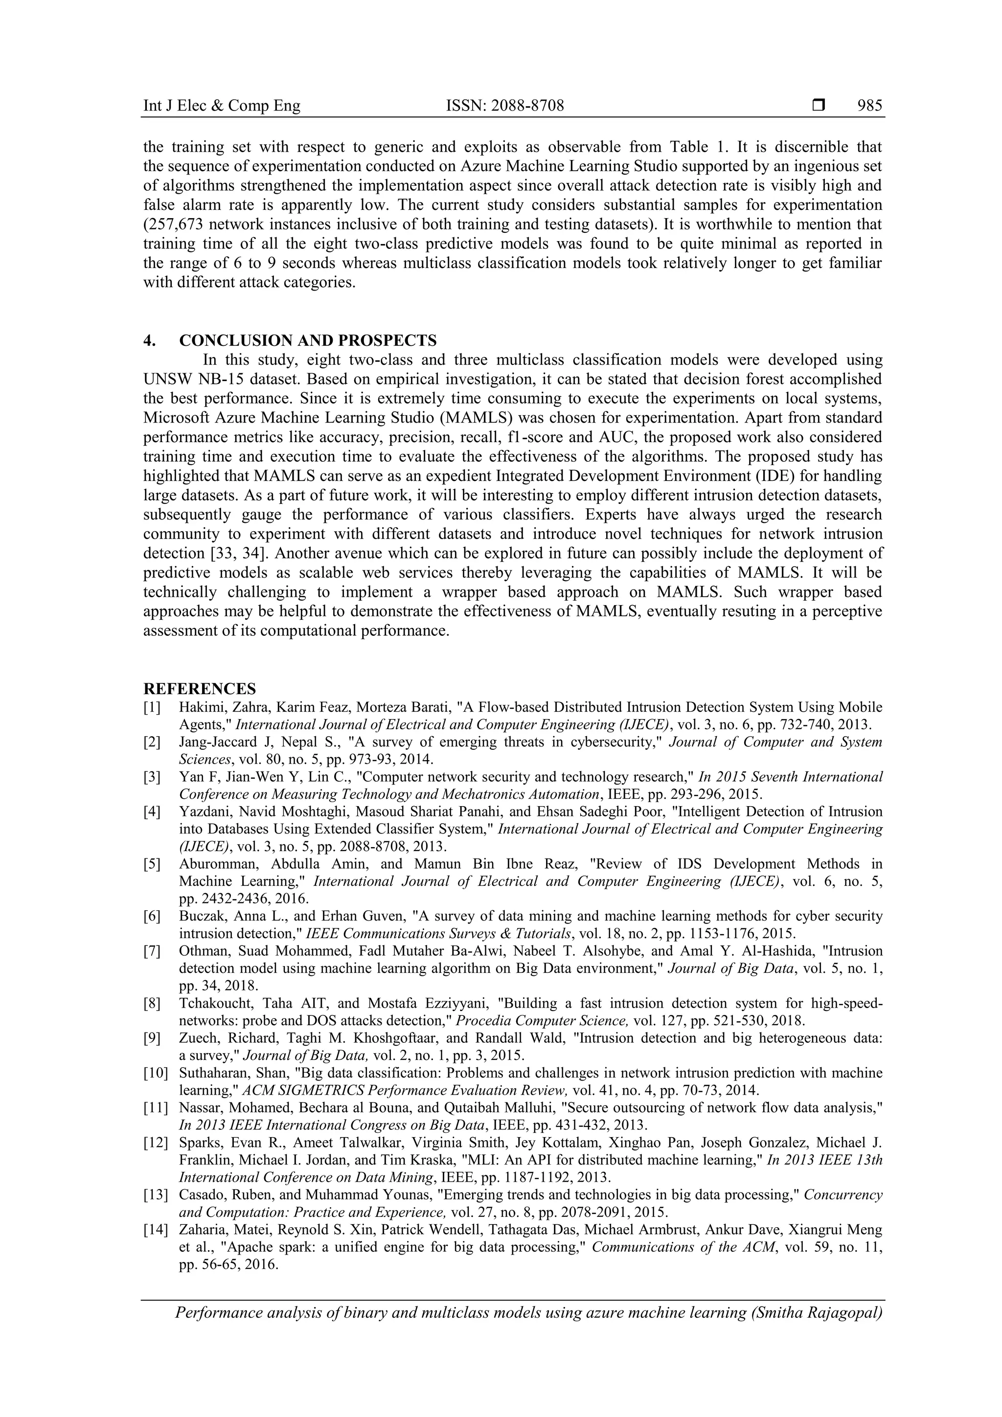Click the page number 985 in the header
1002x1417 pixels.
point(870,106)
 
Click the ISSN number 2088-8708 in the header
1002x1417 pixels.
point(523,106)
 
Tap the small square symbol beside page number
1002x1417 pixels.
point(819,106)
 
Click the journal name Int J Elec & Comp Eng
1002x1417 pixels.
point(222,106)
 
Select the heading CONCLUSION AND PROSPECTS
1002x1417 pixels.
point(307,340)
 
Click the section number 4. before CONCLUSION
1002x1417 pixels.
point(149,340)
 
